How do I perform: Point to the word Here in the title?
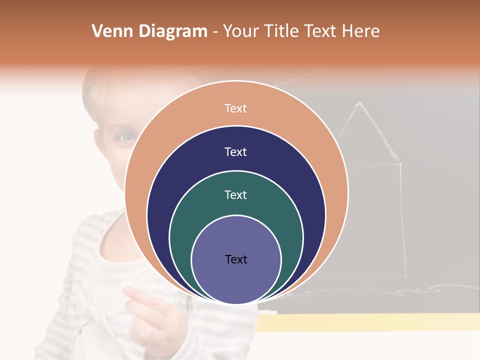360,31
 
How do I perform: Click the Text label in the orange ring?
236,108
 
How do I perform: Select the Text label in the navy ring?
236,152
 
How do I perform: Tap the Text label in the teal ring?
236,195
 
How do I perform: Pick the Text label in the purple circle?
236,259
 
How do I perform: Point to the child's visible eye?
125,136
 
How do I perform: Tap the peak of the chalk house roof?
358,103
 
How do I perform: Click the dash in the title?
215,32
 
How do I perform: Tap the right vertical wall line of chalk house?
402,220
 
